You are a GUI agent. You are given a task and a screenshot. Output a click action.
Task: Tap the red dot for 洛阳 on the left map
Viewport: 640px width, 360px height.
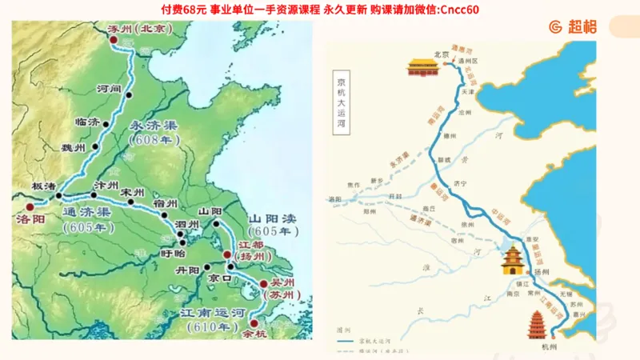30,206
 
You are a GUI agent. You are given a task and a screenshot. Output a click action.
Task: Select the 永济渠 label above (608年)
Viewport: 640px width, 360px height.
154,126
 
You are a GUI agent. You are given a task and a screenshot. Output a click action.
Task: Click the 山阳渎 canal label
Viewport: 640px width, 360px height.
274,218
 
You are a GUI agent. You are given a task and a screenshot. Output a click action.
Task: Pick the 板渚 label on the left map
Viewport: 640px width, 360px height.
43,186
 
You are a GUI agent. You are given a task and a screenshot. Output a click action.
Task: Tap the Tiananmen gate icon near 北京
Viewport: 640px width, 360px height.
424,67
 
